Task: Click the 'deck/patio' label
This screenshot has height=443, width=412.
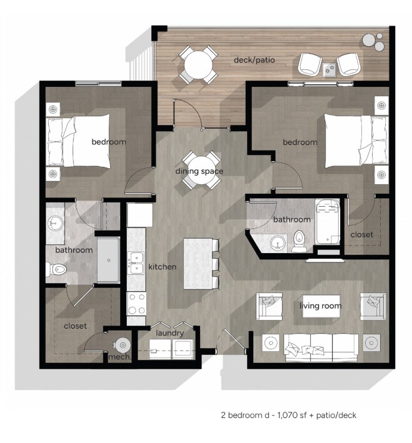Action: click(x=254, y=60)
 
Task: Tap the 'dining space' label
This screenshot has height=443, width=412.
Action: click(x=199, y=171)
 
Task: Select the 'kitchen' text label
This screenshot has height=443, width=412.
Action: click(x=163, y=266)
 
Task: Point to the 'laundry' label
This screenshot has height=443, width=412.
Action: click(x=169, y=333)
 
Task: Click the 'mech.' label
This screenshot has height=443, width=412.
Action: click(x=120, y=357)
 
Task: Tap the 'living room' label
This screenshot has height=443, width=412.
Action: click(x=320, y=306)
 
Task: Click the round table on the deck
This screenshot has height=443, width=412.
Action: click(x=198, y=65)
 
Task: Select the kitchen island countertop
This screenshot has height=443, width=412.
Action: click(x=198, y=264)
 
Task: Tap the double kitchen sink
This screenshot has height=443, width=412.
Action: click(x=136, y=263)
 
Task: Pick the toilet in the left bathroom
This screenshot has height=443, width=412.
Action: click(x=56, y=269)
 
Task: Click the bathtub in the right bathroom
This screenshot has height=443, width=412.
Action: click(x=328, y=222)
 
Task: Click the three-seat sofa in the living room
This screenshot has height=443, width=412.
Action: click(x=321, y=347)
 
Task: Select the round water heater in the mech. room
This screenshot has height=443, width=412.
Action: click(x=123, y=345)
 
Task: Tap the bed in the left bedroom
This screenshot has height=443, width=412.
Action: click(x=78, y=141)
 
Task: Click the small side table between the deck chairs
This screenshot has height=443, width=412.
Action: click(x=329, y=69)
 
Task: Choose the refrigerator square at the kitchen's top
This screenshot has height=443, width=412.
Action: click(x=139, y=215)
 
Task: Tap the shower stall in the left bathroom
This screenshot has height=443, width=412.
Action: click(x=109, y=260)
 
